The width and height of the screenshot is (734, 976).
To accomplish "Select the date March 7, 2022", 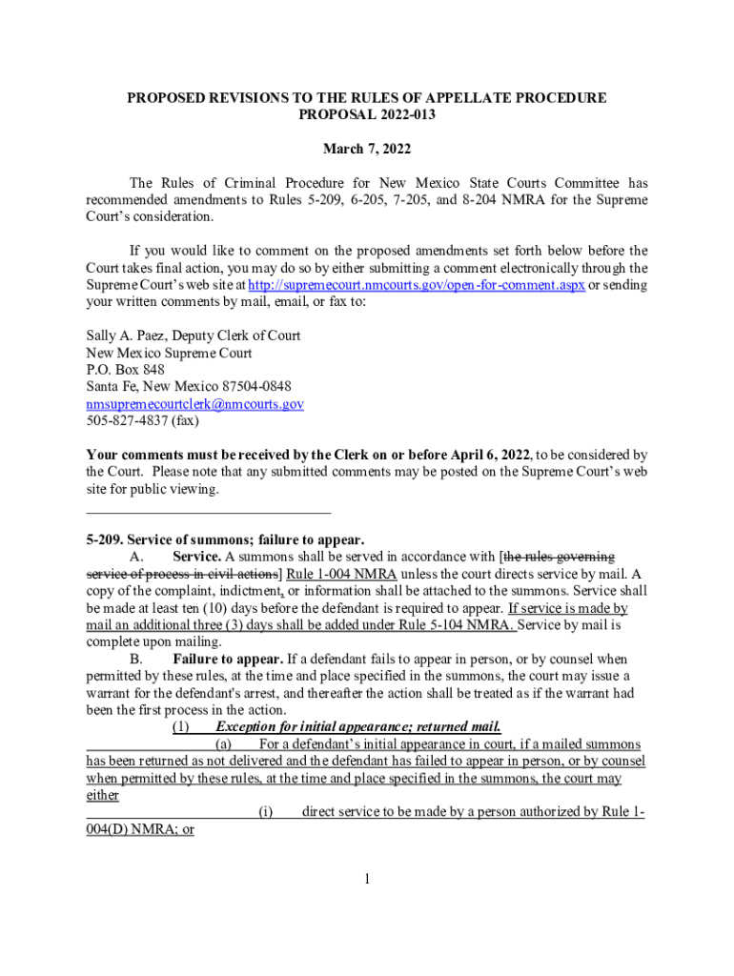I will (x=367, y=149).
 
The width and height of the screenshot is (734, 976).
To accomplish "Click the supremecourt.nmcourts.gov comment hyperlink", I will (x=416, y=285).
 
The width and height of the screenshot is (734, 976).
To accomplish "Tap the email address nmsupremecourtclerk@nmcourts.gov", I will (x=195, y=404).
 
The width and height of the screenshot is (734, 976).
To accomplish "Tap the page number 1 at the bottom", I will (x=366, y=878).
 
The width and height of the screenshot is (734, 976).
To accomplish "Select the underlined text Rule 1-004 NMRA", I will (x=340, y=574).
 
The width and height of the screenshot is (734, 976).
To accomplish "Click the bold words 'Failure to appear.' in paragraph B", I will (x=228, y=660).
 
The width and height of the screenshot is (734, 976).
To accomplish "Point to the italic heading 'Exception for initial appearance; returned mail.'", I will (x=358, y=727).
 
